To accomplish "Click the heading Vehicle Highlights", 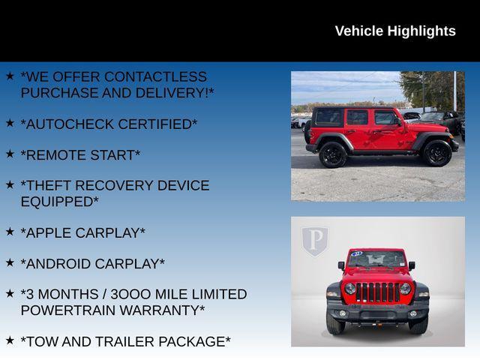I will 394,31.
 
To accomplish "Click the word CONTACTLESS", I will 155,76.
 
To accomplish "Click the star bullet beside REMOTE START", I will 10,153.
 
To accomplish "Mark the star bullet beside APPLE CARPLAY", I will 10,231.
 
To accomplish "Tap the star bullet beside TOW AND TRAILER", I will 10,340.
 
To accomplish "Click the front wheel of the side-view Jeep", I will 436,153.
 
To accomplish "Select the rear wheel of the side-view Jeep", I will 332,154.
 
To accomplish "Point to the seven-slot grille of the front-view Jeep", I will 377,292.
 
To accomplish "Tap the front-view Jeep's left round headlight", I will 350,288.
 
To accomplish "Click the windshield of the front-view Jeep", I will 377,259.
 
